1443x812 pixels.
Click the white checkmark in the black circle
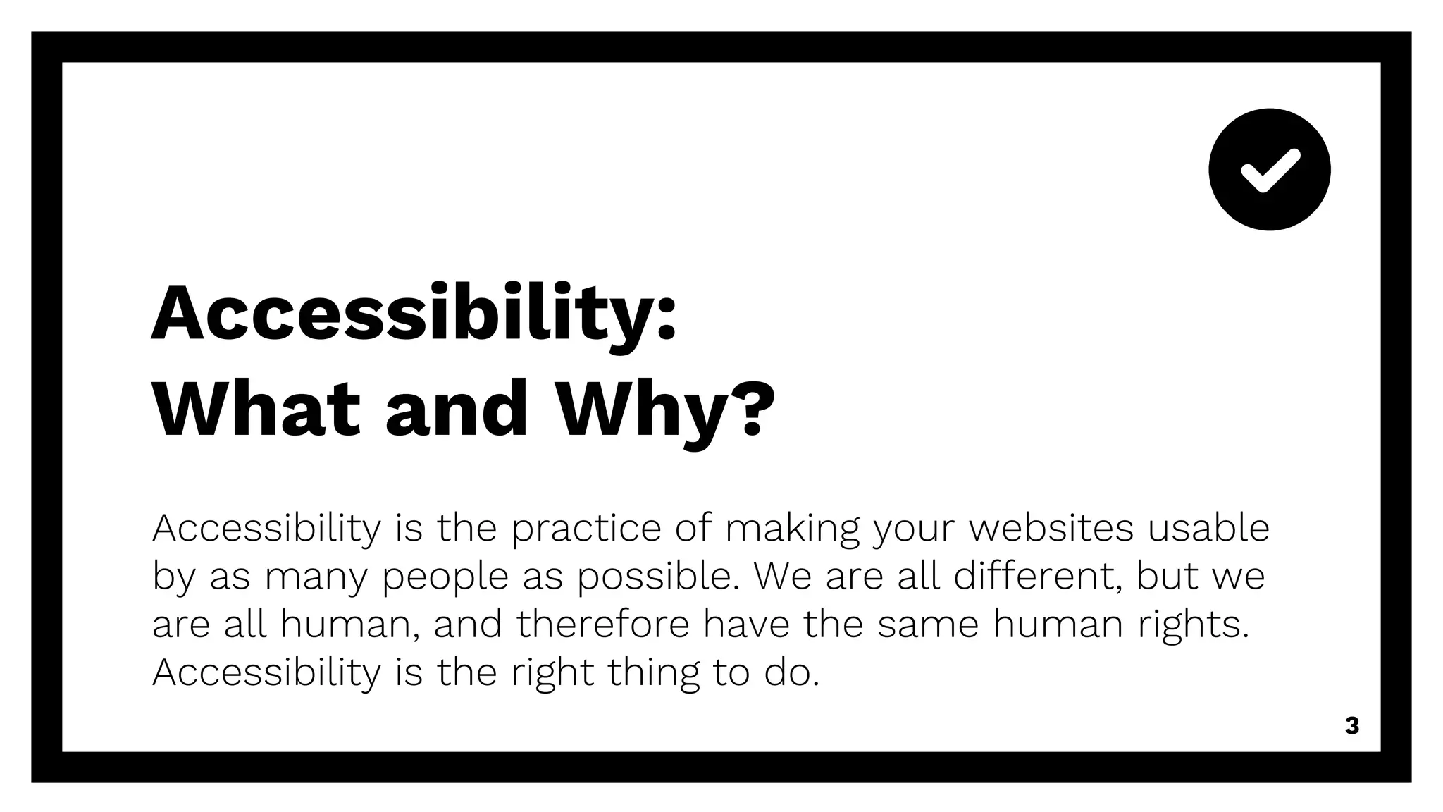pyautogui.click(x=1270, y=170)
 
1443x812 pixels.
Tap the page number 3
pyautogui.click(x=1351, y=726)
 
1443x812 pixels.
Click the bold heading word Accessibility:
pyautogui.click(x=414, y=314)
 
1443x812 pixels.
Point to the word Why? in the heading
pyautogui.click(x=665, y=412)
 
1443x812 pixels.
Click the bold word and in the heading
pyautogui.click(x=457, y=410)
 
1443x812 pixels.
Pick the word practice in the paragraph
pyautogui.click(x=586, y=529)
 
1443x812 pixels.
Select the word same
pyautogui.click(x=928, y=625)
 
